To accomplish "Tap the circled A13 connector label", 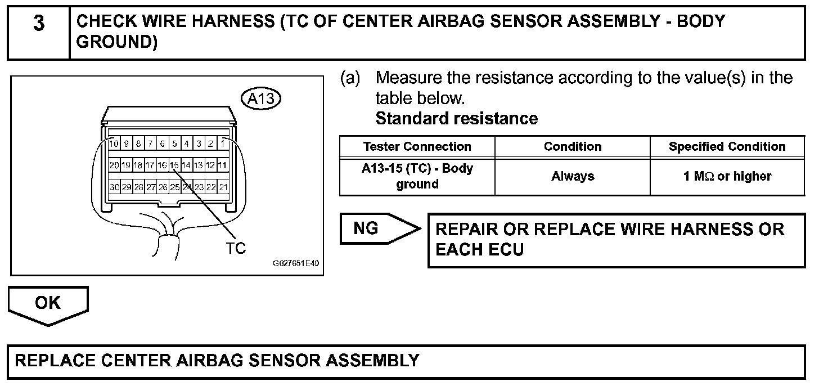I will (260, 99).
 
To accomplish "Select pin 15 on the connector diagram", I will (174, 165).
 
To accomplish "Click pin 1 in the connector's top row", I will (223, 143).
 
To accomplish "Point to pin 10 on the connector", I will (114, 143).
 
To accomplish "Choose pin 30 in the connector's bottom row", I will (114, 187).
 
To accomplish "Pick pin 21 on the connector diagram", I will (223, 187).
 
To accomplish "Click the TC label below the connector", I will (236, 248).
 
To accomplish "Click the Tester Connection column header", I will (417, 147).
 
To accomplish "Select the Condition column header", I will (572, 147).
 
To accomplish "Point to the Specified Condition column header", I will (727, 147).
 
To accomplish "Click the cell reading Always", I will (572, 176).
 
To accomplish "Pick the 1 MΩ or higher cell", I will (727, 176).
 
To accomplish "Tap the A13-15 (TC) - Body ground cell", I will (417, 176).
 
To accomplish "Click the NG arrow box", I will (378, 228).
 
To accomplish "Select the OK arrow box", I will (48, 303).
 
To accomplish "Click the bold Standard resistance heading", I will (456, 119).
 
